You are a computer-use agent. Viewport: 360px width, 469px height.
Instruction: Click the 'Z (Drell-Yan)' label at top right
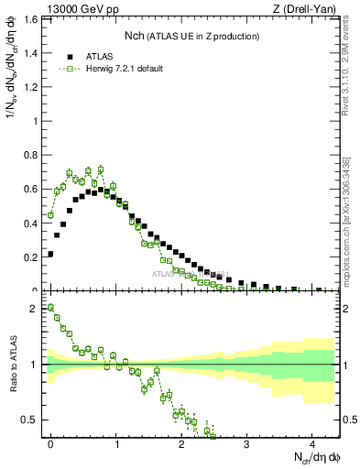coord(306,8)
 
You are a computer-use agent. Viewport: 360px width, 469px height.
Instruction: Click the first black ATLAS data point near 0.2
coord(50,254)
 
